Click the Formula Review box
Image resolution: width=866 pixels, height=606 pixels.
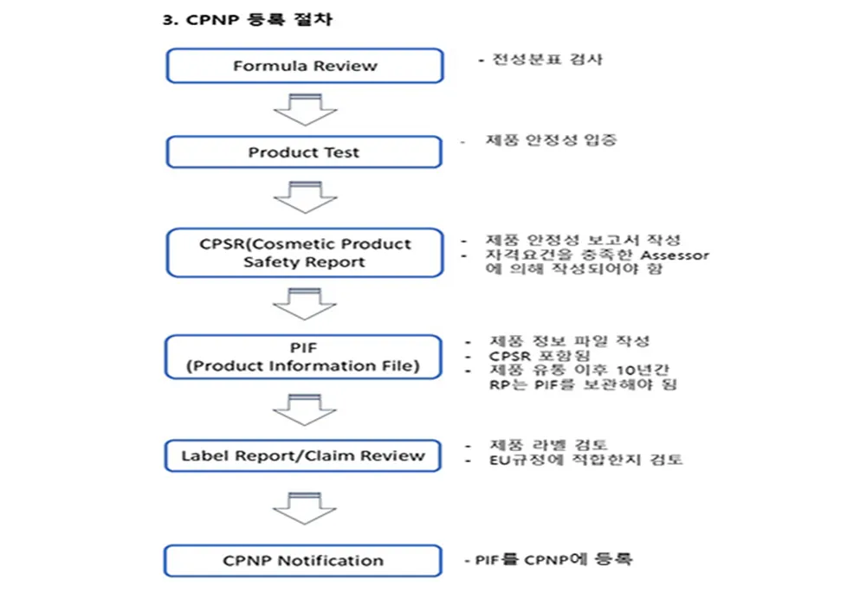pyautogui.click(x=305, y=66)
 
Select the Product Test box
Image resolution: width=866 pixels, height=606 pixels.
pyautogui.click(x=305, y=152)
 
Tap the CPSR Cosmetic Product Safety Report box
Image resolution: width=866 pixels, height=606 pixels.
pyautogui.click(x=305, y=253)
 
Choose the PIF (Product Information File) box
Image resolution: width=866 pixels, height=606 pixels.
pyautogui.click(x=305, y=357)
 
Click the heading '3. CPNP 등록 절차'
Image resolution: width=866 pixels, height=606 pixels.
pyautogui.click(x=247, y=20)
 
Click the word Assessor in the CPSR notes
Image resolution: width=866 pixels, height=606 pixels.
pyautogui.click(x=675, y=255)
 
